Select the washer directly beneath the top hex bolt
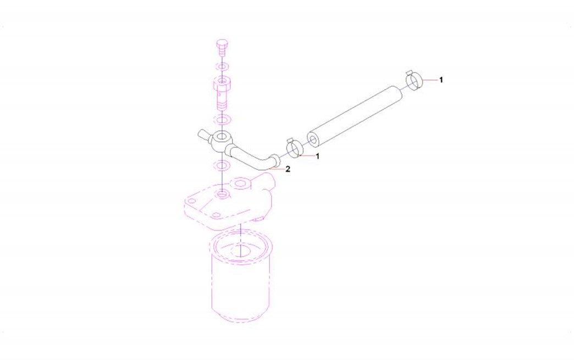[x=222, y=67]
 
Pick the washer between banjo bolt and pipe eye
[x=222, y=119]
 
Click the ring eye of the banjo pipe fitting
[x=221, y=139]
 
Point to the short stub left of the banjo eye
[x=203, y=135]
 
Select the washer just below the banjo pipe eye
[x=222, y=165]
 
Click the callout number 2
[x=288, y=169]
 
